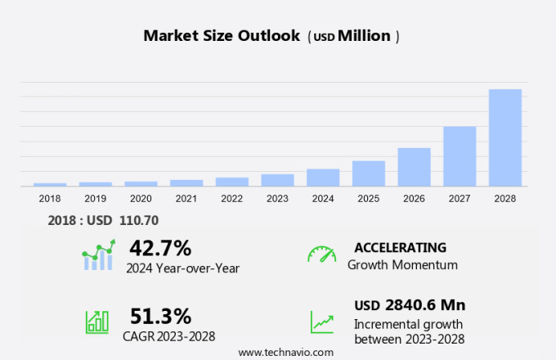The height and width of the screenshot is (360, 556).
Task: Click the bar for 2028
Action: coord(504,137)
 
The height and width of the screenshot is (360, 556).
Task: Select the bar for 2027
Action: coord(460,156)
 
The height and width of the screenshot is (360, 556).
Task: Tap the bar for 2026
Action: coord(414,167)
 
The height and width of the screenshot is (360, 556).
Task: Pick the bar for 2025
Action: coord(368,173)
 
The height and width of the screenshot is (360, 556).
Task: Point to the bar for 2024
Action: coord(323,178)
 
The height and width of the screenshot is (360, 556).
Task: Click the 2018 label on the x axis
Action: coord(49,198)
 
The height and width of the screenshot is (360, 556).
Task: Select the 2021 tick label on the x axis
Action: coord(186,198)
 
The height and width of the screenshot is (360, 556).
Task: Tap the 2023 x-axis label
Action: coord(277,198)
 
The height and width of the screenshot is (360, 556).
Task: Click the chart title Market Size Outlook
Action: coord(221,36)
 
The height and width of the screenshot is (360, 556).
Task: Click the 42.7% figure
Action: coord(160,248)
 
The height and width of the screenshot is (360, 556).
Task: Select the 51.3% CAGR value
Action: coord(160,316)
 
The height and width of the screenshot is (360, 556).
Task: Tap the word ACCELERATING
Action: coord(400,247)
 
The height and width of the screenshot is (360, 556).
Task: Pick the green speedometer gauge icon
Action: coord(321,254)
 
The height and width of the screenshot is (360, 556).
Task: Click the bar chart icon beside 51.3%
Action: coord(97,321)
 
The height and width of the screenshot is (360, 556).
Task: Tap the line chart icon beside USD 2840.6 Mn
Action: coord(321,321)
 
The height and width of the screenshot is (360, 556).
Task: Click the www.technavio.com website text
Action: coord(286,352)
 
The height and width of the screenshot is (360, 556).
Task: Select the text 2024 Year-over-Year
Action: coord(182,268)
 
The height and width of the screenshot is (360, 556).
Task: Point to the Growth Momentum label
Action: coord(402,265)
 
